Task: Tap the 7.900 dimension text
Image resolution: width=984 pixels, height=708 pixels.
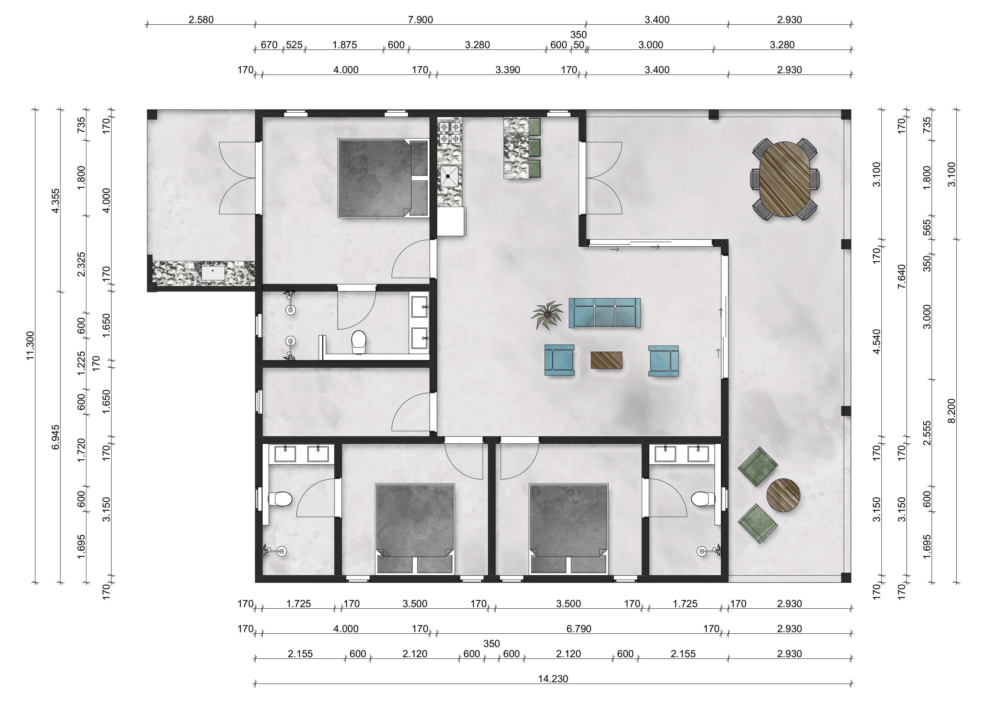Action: tap(420, 20)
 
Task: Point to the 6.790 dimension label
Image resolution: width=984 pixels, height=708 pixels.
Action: tap(579, 629)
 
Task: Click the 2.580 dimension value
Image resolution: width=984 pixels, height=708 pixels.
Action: tap(201, 20)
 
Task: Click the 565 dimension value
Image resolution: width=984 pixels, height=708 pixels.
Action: tap(927, 228)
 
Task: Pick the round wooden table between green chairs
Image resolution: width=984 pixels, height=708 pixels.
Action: tap(783, 496)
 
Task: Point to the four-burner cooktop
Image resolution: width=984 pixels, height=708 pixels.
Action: tap(450, 133)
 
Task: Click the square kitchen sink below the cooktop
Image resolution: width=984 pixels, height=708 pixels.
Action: tap(450, 176)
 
